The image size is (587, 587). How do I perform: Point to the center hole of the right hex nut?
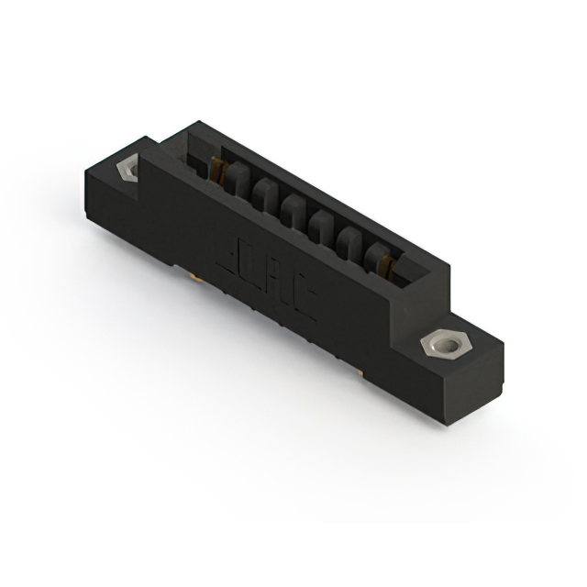446,345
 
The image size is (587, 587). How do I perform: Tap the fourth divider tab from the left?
321,225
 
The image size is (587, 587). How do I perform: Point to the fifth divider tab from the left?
349,240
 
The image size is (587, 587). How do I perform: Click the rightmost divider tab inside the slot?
378,257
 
